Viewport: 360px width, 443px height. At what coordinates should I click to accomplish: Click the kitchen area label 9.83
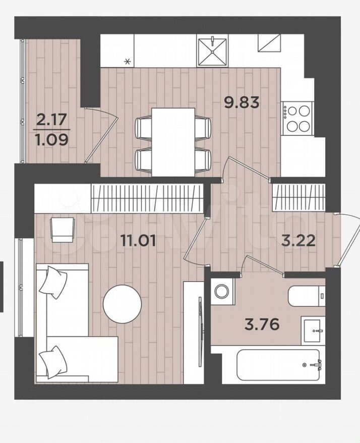point(242,102)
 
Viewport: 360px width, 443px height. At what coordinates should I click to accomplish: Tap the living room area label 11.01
point(138,241)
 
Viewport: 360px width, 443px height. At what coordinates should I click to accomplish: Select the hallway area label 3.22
point(298,241)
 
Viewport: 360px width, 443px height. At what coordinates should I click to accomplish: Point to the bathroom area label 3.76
point(262,324)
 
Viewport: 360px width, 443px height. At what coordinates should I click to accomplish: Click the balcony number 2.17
point(51,120)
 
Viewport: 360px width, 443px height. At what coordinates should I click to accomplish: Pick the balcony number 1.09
point(51,139)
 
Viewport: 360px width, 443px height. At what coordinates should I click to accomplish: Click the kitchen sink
point(212,51)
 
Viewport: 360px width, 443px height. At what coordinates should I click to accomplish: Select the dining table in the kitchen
point(173,142)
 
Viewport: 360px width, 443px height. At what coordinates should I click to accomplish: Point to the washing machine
point(222,291)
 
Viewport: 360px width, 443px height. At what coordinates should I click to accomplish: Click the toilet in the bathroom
point(307,296)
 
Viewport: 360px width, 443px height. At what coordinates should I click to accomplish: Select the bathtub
point(278,365)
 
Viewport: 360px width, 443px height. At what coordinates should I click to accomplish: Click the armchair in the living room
point(63,230)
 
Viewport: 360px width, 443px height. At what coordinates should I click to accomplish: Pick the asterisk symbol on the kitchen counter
point(128,61)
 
